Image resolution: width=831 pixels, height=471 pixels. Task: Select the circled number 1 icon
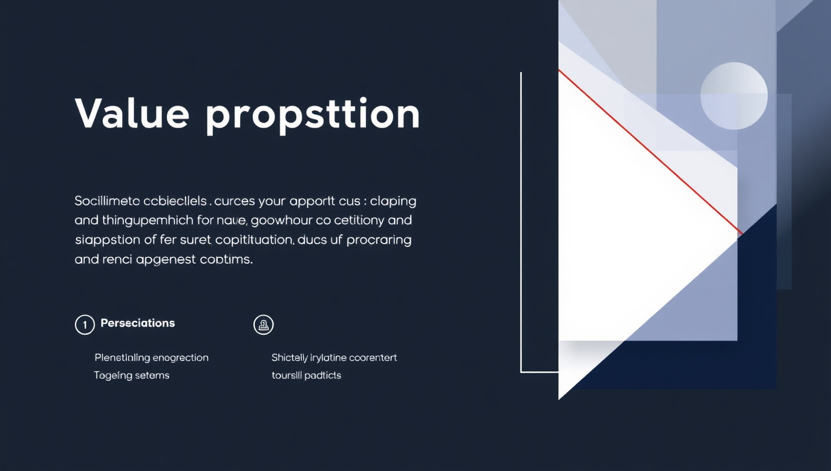pos(84,325)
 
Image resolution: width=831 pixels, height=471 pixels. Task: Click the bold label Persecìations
pos(137,323)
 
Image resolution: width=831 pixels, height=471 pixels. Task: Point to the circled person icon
pos(264,325)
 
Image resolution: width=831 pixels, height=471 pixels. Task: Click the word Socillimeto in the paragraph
pos(107,201)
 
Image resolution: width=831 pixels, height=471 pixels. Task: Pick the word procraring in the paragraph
pos(379,241)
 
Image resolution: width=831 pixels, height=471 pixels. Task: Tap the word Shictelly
pos(290,358)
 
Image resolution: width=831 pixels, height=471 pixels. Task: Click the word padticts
pos(323,375)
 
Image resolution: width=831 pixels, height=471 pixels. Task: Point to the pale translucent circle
pos(733,95)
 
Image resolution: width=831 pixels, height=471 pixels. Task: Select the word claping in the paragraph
pos(393,201)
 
